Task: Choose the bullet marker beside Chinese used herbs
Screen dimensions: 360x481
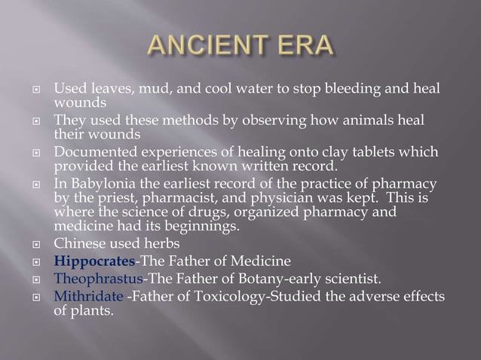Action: pyautogui.click(x=35, y=244)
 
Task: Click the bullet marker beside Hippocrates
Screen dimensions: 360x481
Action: pyautogui.click(x=35, y=262)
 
